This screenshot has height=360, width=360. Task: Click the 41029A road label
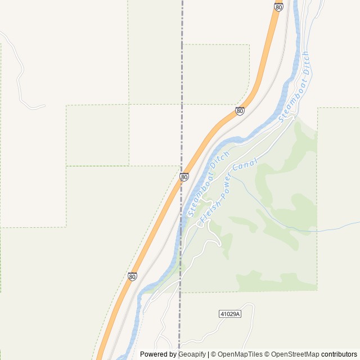229,313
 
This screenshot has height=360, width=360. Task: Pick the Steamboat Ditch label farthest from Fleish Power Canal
295,85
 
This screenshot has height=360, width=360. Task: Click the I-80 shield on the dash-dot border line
184,177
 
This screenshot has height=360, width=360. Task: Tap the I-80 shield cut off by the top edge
278,6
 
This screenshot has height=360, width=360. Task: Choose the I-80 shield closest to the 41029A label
132,276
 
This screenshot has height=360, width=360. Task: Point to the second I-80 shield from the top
240,111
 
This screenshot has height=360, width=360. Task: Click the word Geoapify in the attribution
192,354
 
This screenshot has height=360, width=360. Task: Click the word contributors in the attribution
339,354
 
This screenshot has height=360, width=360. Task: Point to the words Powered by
158,354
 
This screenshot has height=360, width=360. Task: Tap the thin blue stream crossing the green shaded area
281,222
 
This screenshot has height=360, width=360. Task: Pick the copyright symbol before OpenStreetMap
267,354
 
